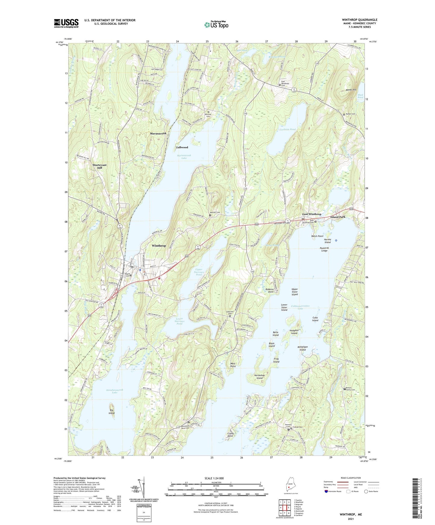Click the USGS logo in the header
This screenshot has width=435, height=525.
(66, 23)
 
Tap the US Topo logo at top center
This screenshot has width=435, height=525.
(216, 25)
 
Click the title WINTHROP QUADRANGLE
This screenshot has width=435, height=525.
(359, 20)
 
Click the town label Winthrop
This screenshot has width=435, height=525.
(159, 246)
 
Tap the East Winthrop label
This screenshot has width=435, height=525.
(312, 214)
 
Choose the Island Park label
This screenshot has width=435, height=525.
(338, 217)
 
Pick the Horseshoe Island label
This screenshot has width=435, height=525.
(259, 376)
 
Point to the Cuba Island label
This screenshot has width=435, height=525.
(315, 319)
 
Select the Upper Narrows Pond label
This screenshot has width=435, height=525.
(199, 272)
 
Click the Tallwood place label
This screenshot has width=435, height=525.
(182, 147)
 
